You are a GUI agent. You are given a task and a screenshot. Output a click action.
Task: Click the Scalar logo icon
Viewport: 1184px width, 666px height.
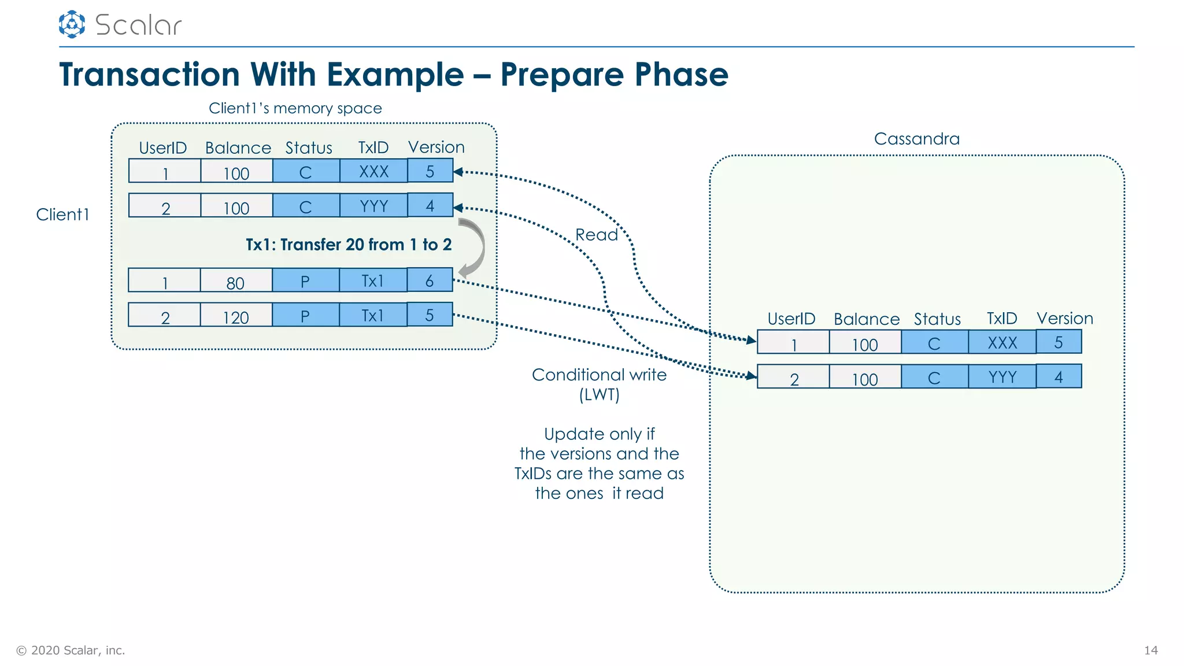[72, 24]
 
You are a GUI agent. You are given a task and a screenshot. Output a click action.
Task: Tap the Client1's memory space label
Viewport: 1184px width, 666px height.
[295, 108]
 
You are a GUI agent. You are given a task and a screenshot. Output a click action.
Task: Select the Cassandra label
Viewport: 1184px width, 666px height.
[916, 139]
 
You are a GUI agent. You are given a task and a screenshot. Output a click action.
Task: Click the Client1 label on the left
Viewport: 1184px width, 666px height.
[62, 214]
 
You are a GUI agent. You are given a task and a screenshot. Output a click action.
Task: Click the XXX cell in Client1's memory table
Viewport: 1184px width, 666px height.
[373, 171]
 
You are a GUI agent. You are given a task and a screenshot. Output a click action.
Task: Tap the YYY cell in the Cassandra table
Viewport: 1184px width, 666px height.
[1002, 377]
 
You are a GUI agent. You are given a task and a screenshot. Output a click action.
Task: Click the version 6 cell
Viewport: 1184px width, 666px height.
[430, 280]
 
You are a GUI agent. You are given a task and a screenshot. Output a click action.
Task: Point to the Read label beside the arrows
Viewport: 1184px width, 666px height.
[596, 235]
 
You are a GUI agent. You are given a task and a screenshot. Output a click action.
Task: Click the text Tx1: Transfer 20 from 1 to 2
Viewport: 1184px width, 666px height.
[349, 245]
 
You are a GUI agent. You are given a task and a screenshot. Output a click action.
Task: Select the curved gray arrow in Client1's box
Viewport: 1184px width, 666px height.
[473, 247]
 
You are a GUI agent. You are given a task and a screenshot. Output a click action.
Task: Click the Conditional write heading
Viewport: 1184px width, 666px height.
[599, 375]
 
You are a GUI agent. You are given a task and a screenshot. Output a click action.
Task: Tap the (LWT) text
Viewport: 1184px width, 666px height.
[599, 395]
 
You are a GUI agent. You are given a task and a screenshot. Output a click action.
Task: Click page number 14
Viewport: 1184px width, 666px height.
[1150, 650]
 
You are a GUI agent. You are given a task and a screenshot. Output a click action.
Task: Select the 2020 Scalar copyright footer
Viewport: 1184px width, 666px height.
[71, 650]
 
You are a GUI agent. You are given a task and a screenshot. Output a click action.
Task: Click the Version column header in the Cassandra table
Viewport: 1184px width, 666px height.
[1064, 319]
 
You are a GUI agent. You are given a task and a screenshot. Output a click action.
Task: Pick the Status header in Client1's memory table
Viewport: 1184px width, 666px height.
[309, 148]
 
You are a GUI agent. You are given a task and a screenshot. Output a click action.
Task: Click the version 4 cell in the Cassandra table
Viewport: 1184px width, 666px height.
[1058, 377]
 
